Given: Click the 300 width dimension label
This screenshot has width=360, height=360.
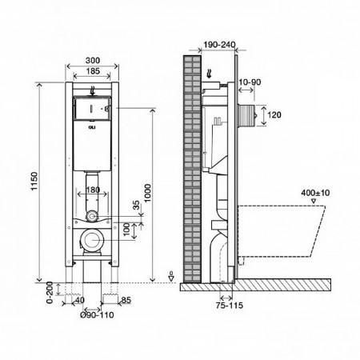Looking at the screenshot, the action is tap(93, 60).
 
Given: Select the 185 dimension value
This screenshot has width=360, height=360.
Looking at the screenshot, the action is tap(93, 71).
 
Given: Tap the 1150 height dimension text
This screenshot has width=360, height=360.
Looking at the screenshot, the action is tap(34, 181).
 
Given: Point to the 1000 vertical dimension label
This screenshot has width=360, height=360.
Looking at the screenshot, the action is tap(147, 193).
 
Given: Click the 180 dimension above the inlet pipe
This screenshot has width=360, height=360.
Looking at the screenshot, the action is tap(93, 190).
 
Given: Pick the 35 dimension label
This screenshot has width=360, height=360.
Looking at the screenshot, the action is tap(136, 205).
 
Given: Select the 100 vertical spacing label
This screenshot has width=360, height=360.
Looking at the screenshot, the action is tap(126, 229).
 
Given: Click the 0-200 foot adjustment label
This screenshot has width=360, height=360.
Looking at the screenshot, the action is tap(50, 292).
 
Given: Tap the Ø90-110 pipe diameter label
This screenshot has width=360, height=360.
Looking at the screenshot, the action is tap(97, 315).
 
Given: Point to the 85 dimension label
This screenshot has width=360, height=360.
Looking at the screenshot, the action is tap(126, 300).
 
